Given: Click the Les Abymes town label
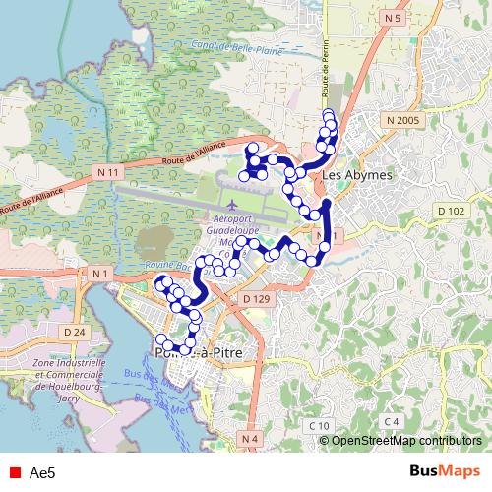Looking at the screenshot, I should [x=357, y=175].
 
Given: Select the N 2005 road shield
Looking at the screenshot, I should [x=402, y=120].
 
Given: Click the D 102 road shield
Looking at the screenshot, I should [x=451, y=212].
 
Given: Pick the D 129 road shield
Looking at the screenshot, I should [x=255, y=298].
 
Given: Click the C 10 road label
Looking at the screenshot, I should [x=317, y=425].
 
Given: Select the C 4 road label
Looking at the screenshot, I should [x=393, y=421].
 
